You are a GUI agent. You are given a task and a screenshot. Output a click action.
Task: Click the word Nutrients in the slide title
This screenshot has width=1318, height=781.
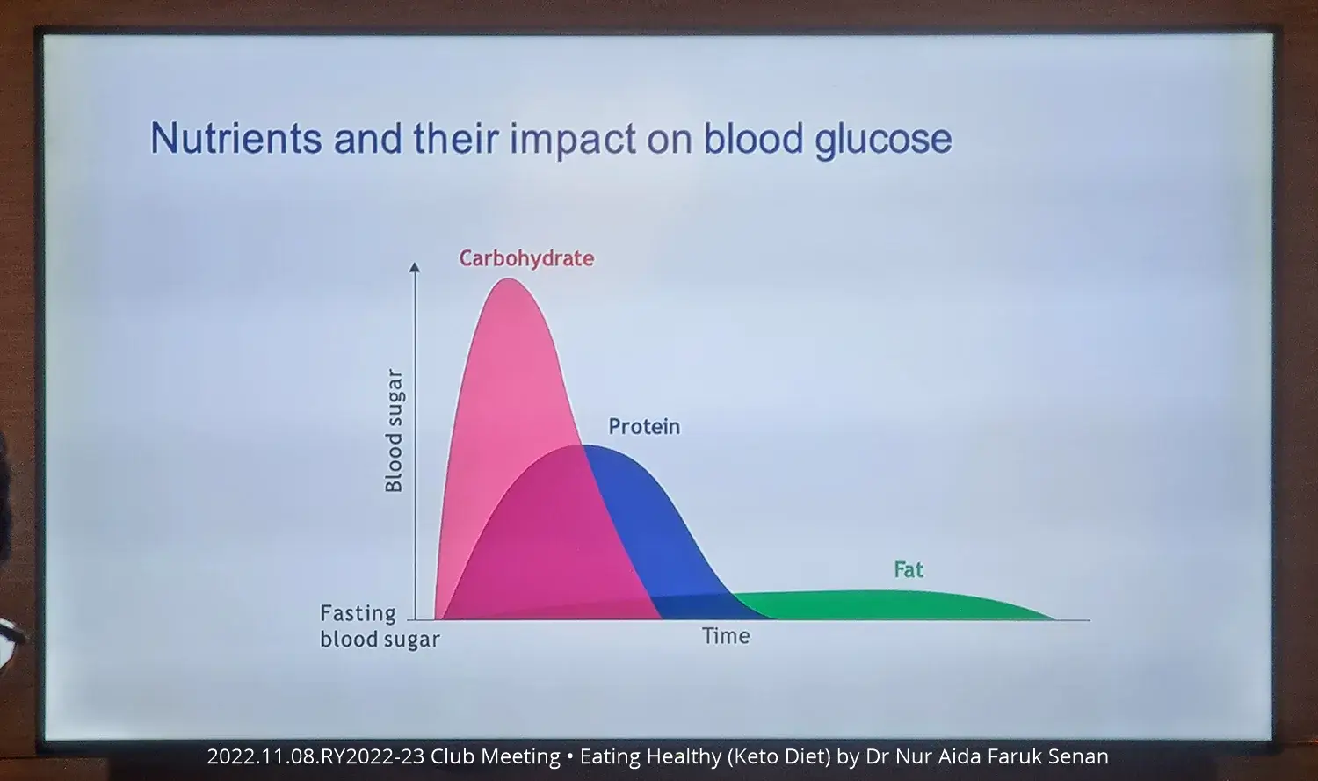point(236,138)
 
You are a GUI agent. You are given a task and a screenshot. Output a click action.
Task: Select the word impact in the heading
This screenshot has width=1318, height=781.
point(573,141)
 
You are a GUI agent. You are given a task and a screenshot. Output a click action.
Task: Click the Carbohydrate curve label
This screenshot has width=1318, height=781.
point(526,258)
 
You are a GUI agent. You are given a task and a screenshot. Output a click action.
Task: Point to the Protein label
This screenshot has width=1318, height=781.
point(644,426)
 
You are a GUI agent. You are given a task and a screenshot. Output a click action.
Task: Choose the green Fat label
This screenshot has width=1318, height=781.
point(909,569)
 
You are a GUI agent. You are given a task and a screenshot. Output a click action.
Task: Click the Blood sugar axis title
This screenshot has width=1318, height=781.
point(394,430)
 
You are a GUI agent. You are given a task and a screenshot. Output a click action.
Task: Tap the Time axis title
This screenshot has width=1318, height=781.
point(726,636)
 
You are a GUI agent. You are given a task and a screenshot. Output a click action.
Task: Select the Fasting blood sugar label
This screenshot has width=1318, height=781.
point(380,626)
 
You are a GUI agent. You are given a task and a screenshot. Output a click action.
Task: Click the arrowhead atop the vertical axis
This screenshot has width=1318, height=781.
point(415,267)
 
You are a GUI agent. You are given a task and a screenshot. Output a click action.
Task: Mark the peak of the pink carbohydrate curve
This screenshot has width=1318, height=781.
point(509,278)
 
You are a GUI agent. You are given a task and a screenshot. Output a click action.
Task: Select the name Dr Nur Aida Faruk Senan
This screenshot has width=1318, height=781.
point(987,756)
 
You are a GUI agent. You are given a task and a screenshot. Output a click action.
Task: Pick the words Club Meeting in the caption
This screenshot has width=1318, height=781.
point(496,756)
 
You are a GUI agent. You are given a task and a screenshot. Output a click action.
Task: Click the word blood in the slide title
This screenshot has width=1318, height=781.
point(753,139)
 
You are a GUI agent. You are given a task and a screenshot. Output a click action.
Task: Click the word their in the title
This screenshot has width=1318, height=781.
point(456,139)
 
